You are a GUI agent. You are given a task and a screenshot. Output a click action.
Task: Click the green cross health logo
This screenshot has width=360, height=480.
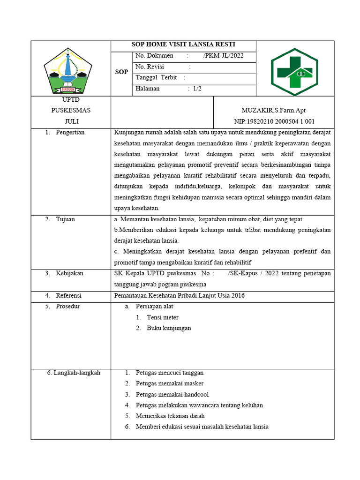294,68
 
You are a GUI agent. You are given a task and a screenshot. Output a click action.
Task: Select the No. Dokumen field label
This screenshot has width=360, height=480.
154,56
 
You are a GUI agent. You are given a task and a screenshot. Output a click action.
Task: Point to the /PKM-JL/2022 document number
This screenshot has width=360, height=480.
223,56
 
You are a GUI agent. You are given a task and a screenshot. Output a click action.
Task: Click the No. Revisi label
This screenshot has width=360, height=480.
150,67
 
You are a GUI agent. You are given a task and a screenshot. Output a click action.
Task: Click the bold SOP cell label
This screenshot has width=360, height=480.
121,72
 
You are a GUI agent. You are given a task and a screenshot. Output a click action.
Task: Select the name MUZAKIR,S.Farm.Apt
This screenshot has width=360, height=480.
273,111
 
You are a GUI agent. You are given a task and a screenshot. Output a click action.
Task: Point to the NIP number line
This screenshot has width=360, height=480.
274,122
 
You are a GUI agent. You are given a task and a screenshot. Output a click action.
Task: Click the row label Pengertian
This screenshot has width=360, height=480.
70,133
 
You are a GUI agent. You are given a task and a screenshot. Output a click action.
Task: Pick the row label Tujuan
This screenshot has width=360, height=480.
65,219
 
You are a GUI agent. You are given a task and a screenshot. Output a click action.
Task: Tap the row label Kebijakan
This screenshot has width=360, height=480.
69,273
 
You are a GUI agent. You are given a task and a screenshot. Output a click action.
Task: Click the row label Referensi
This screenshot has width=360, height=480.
68,296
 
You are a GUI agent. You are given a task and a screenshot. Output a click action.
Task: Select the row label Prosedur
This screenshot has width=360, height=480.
68,307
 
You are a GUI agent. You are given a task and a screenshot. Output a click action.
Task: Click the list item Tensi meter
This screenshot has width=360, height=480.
162,317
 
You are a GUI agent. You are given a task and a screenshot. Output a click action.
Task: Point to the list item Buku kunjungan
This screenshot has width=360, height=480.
169,328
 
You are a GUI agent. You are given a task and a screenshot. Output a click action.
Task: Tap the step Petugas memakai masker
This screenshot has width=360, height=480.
163,383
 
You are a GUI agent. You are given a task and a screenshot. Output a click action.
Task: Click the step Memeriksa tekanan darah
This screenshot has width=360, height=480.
170,416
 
